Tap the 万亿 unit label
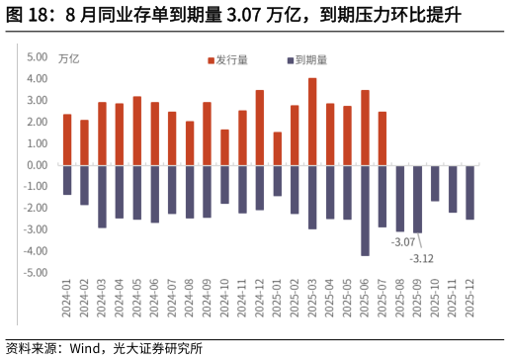(x=69, y=58)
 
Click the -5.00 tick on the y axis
(x=36, y=271)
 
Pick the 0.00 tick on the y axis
(x=37, y=164)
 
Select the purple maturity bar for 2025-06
(x=365, y=210)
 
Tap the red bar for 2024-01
(x=67, y=138)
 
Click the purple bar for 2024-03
(x=102, y=196)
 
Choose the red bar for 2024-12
(x=260, y=127)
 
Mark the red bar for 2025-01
(x=278, y=147)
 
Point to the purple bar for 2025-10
(x=435, y=183)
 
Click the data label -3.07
(x=402, y=242)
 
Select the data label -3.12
(x=422, y=258)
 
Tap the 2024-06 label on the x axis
(x=155, y=298)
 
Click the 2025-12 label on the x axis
(x=470, y=298)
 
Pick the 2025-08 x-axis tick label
(x=400, y=298)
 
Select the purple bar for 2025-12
(x=470, y=192)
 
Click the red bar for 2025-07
(x=382, y=137)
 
